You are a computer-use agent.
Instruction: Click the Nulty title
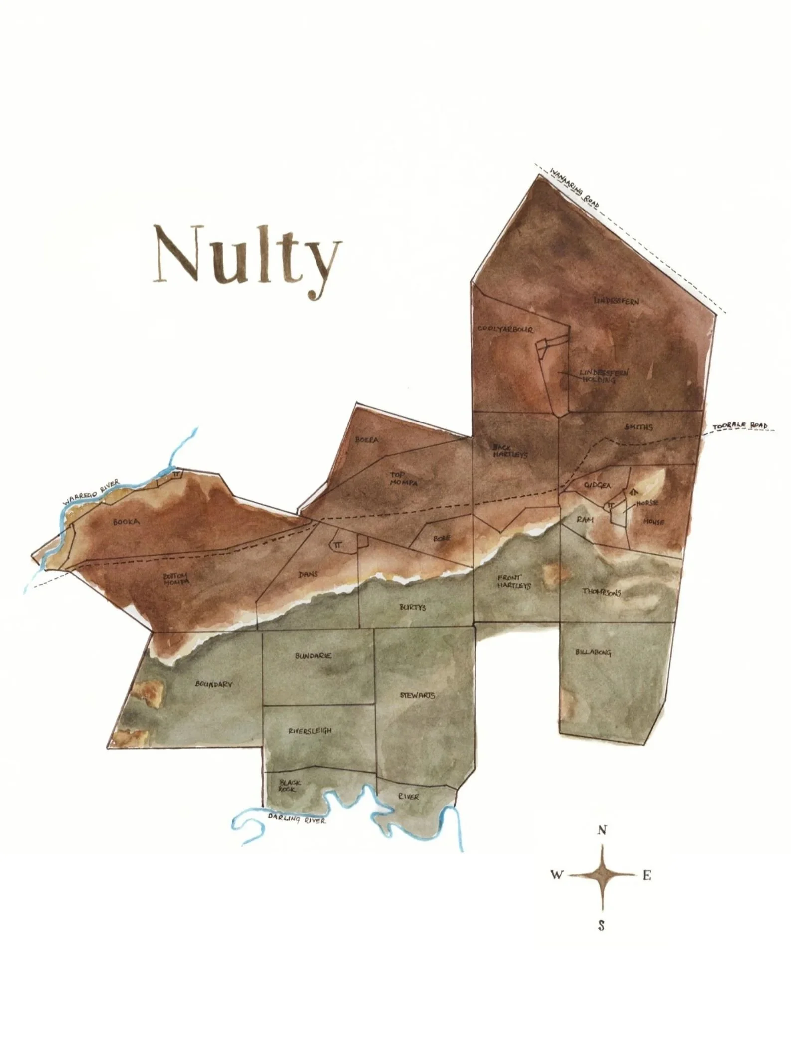click(248, 260)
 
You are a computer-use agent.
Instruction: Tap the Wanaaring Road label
click(575, 188)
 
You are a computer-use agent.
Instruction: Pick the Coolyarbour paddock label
click(505, 330)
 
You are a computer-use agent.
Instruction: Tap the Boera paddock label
click(367, 440)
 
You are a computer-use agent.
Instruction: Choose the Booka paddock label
click(126, 522)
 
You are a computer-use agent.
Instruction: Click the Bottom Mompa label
click(176, 579)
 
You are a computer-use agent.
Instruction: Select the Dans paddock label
click(308, 574)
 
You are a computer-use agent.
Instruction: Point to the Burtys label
click(413, 607)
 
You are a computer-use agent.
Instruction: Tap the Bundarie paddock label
click(313, 656)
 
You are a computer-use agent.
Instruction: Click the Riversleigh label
click(310, 731)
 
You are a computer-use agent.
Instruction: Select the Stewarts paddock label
click(417, 695)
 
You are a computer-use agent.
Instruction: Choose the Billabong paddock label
click(593, 652)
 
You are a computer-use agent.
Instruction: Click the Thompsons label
click(602, 592)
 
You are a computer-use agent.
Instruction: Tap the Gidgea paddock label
click(597, 485)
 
